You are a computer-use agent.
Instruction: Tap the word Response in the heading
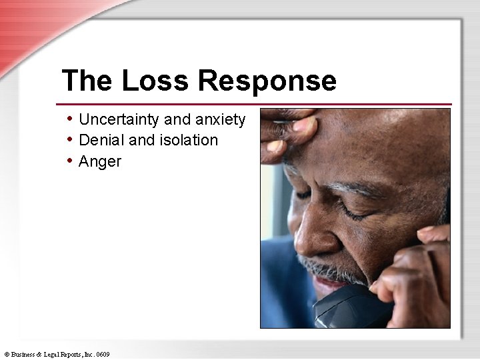(x=267, y=81)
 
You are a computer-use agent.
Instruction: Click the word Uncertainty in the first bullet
(x=119, y=120)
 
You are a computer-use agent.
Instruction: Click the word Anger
(x=100, y=161)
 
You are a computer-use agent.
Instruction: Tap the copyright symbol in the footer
(x=6, y=354)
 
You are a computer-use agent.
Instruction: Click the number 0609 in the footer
(x=102, y=354)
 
